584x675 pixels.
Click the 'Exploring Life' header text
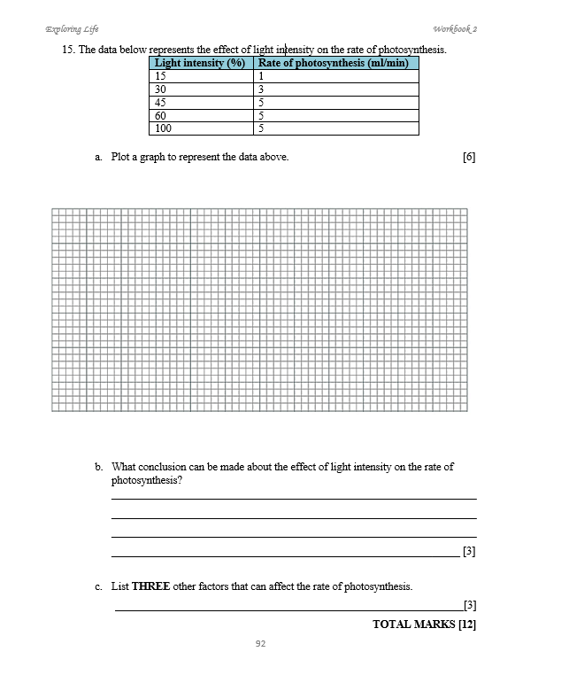click(x=72, y=28)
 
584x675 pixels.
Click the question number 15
click(x=68, y=50)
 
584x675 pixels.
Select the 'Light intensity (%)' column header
click(x=200, y=63)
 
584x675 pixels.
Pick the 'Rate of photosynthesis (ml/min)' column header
click(x=334, y=63)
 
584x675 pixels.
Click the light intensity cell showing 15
click(x=161, y=76)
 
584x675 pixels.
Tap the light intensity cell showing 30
click(x=161, y=89)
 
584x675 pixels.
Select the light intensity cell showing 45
click(x=161, y=102)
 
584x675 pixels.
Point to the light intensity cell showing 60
click(x=161, y=115)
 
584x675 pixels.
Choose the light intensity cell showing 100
click(x=164, y=128)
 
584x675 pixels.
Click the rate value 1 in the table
click(x=261, y=76)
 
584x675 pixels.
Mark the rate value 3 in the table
click(x=261, y=89)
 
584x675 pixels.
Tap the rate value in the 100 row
click(x=261, y=128)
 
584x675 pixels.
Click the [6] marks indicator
click(x=469, y=157)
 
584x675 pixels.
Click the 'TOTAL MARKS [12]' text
click(x=425, y=625)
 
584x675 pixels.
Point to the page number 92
click(x=260, y=644)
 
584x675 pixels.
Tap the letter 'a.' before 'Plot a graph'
click(x=99, y=157)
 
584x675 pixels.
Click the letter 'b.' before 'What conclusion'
click(x=99, y=467)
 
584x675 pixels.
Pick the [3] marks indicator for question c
click(x=470, y=606)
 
